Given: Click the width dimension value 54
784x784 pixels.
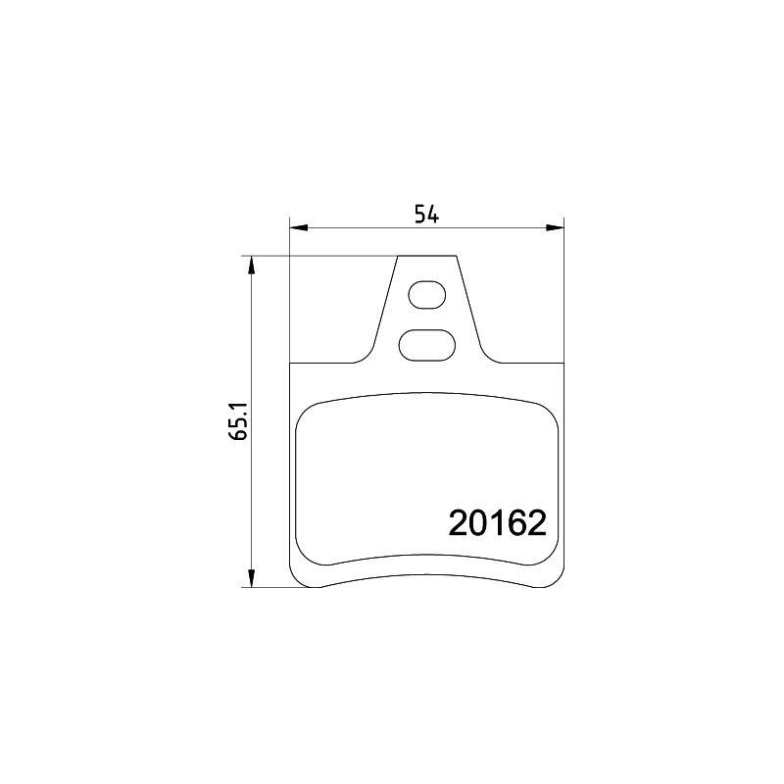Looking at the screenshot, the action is (426, 215).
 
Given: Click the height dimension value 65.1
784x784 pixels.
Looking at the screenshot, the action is (240, 421).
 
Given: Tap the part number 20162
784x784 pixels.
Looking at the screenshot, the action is (498, 523).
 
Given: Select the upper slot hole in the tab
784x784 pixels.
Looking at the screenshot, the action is (427, 295).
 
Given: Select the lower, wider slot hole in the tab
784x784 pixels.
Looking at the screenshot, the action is (427, 345).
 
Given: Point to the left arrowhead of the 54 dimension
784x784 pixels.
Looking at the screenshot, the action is (298, 228).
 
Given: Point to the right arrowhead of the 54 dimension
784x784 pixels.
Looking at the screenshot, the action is (555, 228).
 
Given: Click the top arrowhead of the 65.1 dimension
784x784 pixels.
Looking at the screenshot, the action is (252, 266).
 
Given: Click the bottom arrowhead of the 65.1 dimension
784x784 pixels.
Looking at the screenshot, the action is (252, 578).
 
